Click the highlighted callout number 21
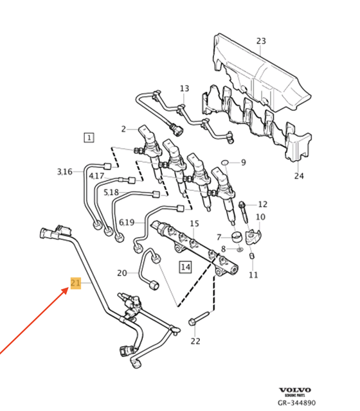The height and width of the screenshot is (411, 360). (x=75, y=284)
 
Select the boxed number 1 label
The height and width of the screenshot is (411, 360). (x=88, y=137)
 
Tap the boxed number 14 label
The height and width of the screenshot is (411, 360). (x=185, y=266)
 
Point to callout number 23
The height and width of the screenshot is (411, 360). (x=260, y=42)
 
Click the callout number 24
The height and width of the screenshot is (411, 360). (x=299, y=175)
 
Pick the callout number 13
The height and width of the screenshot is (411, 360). (x=184, y=89)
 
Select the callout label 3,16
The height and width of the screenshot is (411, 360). (x=65, y=171)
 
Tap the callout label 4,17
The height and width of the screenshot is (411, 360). (x=97, y=175)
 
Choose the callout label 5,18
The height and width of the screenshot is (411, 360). (x=111, y=191)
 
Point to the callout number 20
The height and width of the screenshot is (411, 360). (x=122, y=273)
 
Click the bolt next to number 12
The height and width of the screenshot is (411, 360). (x=244, y=209)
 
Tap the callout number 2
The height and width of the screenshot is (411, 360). (x=124, y=128)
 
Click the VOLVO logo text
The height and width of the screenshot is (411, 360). (x=295, y=390)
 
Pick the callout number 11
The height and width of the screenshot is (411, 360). (x=253, y=275)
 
